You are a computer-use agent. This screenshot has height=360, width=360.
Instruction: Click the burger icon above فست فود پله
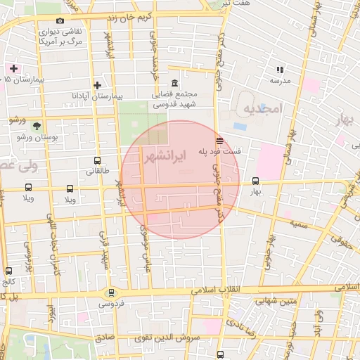(x=220, y=139)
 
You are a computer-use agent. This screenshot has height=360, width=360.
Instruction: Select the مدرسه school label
(x=280, y=81)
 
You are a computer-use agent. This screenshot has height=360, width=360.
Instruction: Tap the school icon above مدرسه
(x=280, y=70)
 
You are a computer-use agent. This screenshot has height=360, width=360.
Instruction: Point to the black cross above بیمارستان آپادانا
(x=97, y=85)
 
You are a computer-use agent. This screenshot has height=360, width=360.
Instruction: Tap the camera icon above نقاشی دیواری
(x=59, y=21)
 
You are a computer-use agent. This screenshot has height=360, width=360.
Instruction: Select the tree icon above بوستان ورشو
(x=36, y=126)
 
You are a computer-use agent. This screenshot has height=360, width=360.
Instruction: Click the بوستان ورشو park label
(x=36, y=136)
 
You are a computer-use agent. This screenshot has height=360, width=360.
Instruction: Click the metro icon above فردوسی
(x=110, y=292)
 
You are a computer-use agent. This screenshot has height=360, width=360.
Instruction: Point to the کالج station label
(x=8, y=281)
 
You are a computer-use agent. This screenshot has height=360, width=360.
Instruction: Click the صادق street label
(x=104, y=337)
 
